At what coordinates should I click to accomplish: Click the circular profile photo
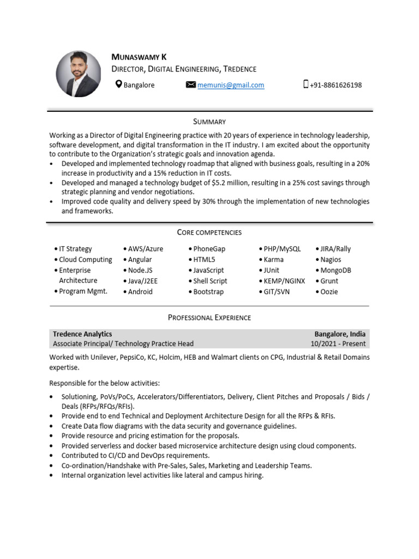pos(79,74)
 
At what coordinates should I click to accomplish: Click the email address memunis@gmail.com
pos(230,85)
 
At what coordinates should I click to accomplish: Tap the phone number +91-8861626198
pos(336,85)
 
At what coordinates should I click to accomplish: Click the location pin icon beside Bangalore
pos(118,85)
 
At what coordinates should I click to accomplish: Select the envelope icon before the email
pos(190,85)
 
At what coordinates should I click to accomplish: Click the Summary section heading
pos(209,122)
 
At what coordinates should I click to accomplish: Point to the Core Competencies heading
pos(209,233)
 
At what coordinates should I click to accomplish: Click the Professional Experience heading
pos(209,317)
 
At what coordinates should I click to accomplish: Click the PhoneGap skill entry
pos(209,249)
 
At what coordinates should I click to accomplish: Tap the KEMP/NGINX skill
pos(284,281)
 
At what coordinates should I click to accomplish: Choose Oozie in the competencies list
pos(328,292)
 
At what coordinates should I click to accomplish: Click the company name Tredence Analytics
pos(82,334)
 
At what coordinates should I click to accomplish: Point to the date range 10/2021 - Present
pos(338,344)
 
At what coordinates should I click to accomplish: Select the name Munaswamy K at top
pos(139,57)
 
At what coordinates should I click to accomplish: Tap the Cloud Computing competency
pos(85,260)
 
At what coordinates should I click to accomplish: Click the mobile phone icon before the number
pos(306,85)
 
